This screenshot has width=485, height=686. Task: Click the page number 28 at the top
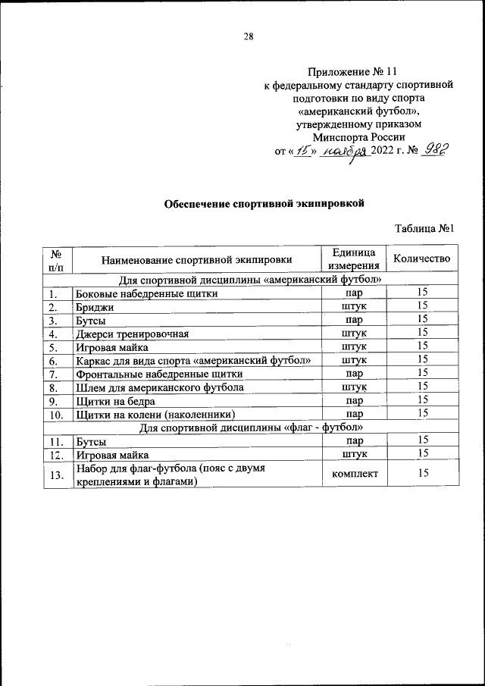coord(249,36)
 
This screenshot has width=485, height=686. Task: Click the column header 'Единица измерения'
coord(353,259)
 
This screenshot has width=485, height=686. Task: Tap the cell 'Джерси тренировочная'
coord(131,333)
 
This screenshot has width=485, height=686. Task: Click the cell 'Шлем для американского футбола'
coord(159,387)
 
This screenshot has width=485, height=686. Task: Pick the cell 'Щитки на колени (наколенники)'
coord(156,414)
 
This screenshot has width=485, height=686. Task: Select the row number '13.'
coord(56,475)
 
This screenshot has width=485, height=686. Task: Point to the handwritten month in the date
coord(343,152)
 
